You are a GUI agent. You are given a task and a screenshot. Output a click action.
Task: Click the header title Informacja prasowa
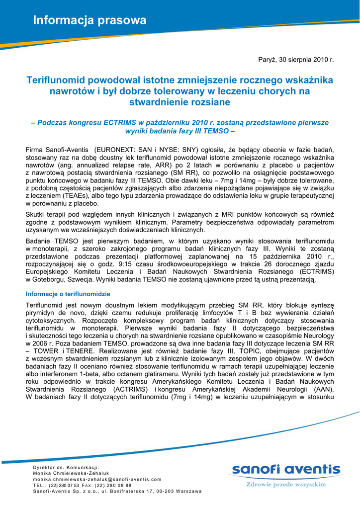[90, 20]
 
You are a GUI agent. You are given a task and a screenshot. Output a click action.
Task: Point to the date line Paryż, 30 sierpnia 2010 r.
[295, 60]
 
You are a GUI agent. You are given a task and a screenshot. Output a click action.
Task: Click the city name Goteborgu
[51, 280]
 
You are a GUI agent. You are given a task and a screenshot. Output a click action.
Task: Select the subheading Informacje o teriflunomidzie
[68, 294]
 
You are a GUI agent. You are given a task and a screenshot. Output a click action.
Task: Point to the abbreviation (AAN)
[323, 390]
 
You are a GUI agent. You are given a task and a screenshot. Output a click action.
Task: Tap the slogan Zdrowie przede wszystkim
[286, 484]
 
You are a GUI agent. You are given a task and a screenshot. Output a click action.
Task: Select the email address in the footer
[97, 479]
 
